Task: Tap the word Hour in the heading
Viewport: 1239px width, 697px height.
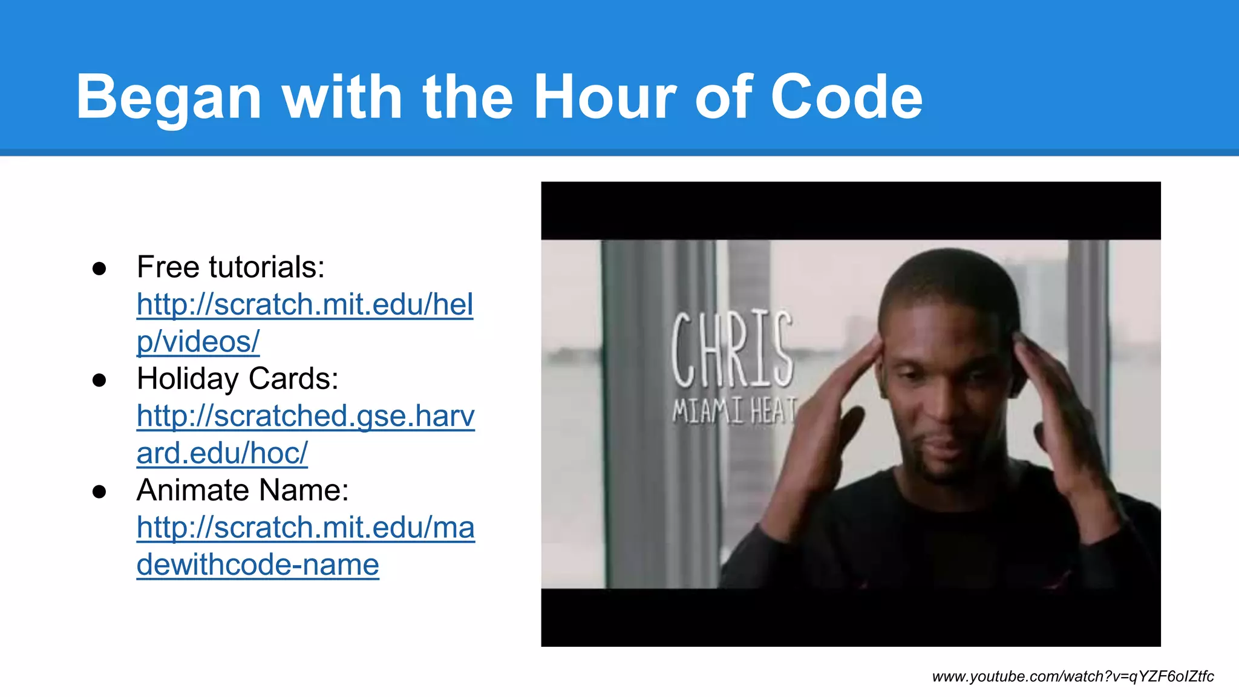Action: [x=605, y=97]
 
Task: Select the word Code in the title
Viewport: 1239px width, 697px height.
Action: [x=846, y=97]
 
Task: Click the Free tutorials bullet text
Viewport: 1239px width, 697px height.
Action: [x=230, y=267]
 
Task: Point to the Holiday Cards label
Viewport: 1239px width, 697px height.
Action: [x=237, y=379]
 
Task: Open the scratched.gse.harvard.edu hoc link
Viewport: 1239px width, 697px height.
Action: [x=306, y=416]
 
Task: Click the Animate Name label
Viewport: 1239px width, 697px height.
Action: [x=243, y=490]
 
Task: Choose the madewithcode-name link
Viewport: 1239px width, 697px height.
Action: [x=306, y=528]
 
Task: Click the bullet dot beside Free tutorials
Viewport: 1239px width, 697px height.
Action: [x=99, y=268]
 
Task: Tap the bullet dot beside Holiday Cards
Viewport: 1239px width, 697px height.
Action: [x=99, y=380]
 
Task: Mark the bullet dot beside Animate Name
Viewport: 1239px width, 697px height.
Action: [x=99, y=491]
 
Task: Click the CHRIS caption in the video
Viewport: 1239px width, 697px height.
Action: [x=732, y=350]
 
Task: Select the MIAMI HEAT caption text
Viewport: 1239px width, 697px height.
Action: [x=734, y=411]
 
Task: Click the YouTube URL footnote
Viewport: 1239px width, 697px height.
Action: [x=1073, y=676]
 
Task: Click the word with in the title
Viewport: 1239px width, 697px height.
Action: [x=342, y=97]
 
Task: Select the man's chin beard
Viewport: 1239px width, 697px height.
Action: [x=941, y=469]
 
